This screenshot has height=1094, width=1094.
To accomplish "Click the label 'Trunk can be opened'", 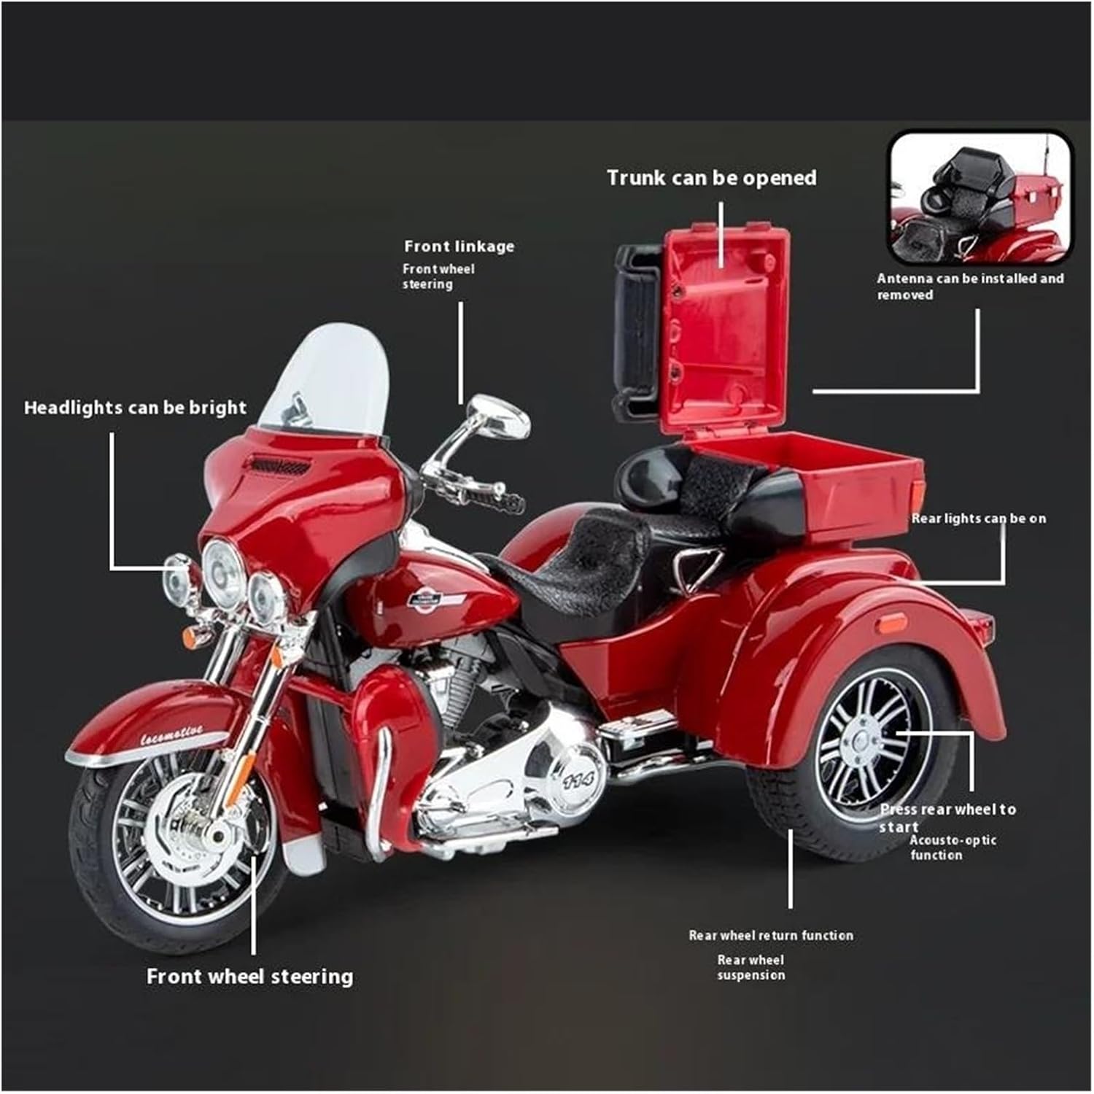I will (x=711, y=178).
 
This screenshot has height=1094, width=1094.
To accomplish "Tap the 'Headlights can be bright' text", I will (x=135, y=408).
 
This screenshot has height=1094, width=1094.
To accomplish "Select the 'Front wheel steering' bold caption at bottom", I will (x=249, y=977).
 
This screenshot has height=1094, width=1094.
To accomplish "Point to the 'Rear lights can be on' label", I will (x=978, y=519).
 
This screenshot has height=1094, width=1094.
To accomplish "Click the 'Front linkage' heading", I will (x=459, y=247).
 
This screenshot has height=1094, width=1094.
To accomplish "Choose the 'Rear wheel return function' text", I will (x=770, y=935).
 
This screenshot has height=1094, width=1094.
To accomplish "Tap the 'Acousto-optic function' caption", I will (x=952, y=847).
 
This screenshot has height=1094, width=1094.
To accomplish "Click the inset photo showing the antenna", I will (x=979, y=198).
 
